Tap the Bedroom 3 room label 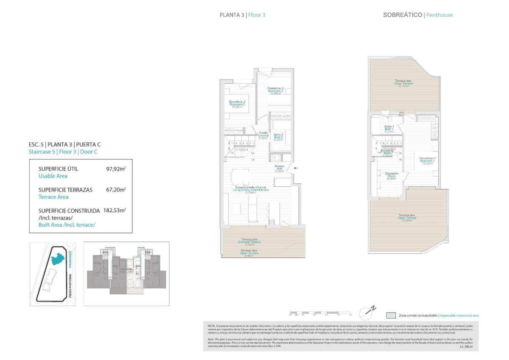[275, 90]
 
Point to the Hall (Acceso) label [279, 168]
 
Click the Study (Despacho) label [392, 176]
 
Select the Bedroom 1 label [428, 160]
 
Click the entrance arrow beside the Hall [296, 169]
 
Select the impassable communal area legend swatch [391, 315]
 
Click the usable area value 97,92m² [116, 169]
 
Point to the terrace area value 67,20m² [116, 190]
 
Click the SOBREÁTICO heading [403, 15]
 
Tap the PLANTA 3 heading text [232, 15]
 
